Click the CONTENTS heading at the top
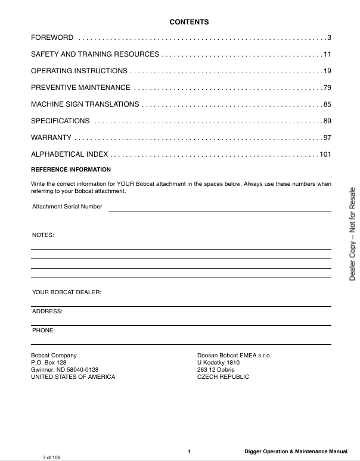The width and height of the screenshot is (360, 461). (189, 22)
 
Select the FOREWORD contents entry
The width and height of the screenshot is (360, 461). (52, 38)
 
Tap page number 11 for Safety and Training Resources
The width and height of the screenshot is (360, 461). (327, 55)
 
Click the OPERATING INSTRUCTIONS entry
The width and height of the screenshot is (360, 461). (79, 71)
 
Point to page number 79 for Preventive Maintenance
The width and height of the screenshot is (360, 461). (327, 88)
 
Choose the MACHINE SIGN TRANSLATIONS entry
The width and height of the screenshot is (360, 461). (85, 104)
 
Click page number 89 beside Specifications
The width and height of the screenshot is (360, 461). (327, 121)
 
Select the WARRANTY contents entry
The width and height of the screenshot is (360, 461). (51, 138)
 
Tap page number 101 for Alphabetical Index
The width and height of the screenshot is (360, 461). (325, 154)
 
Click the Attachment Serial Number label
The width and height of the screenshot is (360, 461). (67, 207)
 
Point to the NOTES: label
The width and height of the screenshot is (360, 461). (42, 235)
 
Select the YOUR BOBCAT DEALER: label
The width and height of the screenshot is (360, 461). (67, 292)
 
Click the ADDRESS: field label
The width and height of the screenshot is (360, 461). (47, 311)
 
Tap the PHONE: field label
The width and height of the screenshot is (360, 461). (44, 329)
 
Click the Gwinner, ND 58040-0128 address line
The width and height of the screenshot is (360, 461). (64, 369)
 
